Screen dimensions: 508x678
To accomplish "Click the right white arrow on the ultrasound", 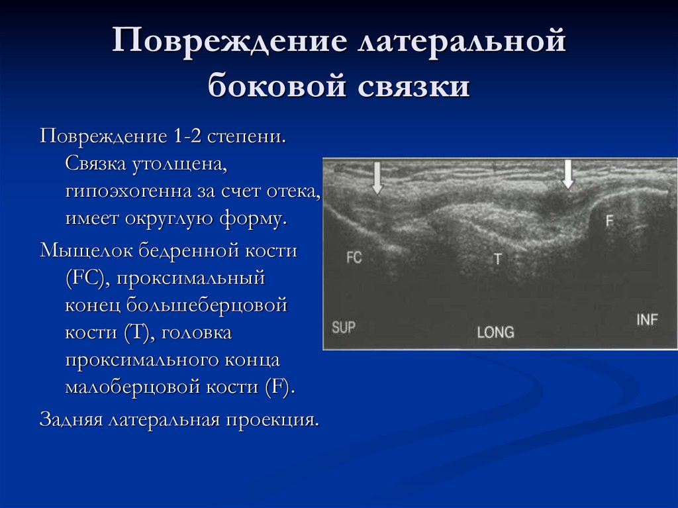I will click(x=567, y=174).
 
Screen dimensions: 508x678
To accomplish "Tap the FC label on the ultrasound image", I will click(x=354, y=258).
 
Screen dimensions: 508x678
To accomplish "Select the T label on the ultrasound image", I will click(x=497, y=259).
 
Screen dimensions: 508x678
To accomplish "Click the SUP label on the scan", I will click(x=344, y=327).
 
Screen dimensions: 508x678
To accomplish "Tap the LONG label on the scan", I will click(x=495, y=332).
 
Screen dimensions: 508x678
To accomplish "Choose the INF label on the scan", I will click(x=647, y=320).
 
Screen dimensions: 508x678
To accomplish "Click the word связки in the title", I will click(x=415, y=87).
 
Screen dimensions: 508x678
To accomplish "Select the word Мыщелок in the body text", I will click(x=85, y=252).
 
